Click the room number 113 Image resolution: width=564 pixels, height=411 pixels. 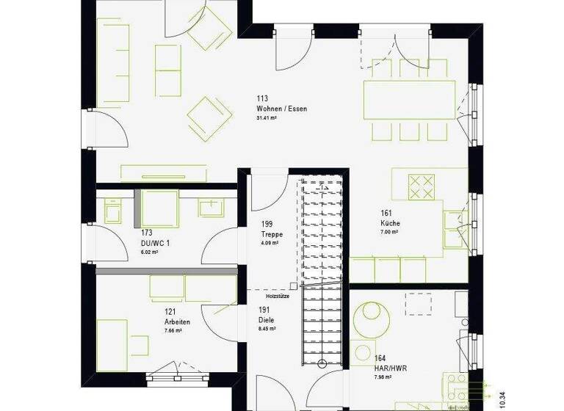coord(262,98)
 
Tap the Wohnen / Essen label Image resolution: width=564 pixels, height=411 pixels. coord(282,109)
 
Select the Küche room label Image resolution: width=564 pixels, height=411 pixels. coord(390,222)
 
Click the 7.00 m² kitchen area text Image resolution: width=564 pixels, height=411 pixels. coord(389,232)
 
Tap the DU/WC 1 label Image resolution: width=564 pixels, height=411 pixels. coord(156,242)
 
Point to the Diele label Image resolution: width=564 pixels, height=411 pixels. coord(265,320)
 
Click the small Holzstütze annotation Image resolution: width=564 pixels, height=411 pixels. coord(276,296)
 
